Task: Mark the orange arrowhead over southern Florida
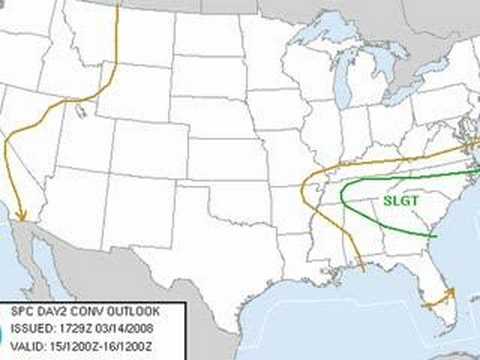pos(451,291)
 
